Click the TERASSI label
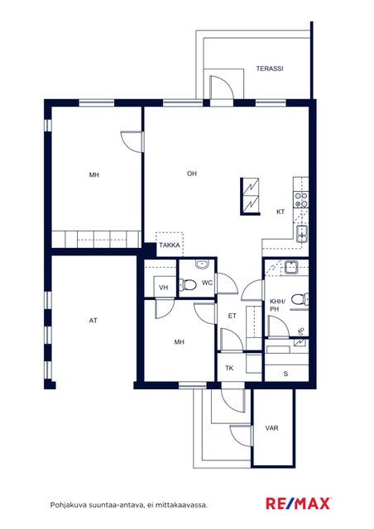[270, 69]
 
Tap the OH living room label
[192, 174]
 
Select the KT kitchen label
[280, 212]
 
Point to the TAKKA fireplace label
[170, 245]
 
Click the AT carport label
[93, 321]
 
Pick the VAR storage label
[271, 428]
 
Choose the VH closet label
[164, 288]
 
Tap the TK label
[229, 368]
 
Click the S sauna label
[285, 374]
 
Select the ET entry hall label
[233, 316]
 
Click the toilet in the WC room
[188, 284]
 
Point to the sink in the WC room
[203, 264]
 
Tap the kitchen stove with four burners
[301, 200]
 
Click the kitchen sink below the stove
[302, 235]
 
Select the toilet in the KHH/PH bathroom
[300, 299]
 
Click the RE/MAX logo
[299, 503]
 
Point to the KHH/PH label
[277, 305]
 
